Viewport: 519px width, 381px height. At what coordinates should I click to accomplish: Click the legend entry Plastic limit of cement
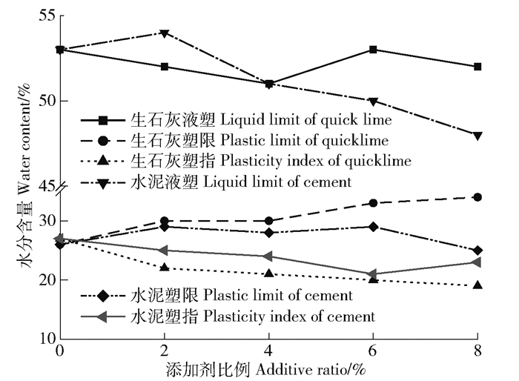point(245,296)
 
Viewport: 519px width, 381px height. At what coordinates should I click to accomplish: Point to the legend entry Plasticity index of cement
point(252,317)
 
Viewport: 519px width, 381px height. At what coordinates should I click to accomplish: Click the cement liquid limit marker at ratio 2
point(164,33)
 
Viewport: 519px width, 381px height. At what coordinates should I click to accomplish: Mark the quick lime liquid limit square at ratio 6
point(373,50)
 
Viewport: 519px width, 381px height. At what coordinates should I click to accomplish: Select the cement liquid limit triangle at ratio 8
point(477,136)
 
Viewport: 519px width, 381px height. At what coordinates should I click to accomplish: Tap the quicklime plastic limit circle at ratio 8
point(477,197)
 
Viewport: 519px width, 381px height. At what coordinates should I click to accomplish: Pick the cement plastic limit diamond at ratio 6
point(373,227)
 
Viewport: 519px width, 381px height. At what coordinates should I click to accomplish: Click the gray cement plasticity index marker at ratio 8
point(477,262)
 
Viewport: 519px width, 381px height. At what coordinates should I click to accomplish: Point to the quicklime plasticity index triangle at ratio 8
point(477,285)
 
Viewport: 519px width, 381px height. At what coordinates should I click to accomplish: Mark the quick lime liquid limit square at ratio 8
point(477,67)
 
